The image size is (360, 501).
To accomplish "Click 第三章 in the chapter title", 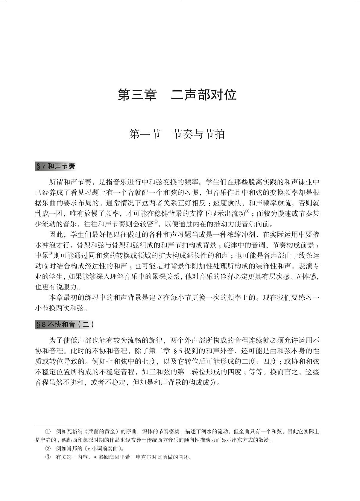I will pyautogui.click(x=137, y=95).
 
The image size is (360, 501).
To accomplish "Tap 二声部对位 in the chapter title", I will pyautogui.click(x=204, y=95).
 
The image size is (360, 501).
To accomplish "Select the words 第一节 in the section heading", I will pyautogui.click(x=145, y=134).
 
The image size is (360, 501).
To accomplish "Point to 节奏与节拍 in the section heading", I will pyautogui.click(x=199, y=134).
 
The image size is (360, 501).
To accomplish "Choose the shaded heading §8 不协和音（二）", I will pyautogui.click(x=65, y=325).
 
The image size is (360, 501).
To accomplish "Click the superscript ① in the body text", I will pyautogui.click(x=247, y=212).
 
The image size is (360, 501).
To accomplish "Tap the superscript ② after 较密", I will pyautogui.click(x=156, y=223).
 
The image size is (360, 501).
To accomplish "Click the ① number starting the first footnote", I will pyautogui.click(x=48, y=432).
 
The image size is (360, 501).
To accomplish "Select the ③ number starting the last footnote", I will pyautogui.click(x=48, y=457).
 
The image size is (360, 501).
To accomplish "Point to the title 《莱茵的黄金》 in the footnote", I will pyautogui.click(x=102, y=432).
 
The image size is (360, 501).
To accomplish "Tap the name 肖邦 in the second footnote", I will pyautogui.click(x=73, y=449).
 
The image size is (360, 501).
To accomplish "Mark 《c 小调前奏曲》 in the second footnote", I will pyautogui.click(x=102, y=449).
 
